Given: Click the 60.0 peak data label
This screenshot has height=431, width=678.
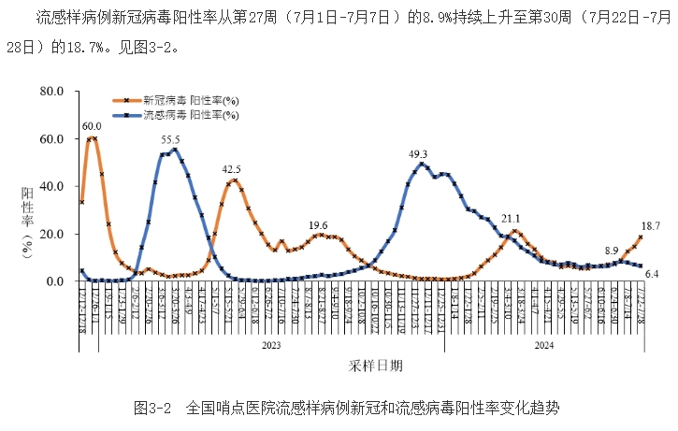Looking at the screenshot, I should pyautogui.click(x=92, y=126).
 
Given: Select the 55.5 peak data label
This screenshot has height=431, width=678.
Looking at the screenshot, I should pyautogui.click(x=170, y=138).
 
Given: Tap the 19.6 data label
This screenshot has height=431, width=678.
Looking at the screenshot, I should pyautogui.click(x=318, y=224).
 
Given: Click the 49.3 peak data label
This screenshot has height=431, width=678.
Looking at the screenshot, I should pyautogui.click(x=419, y=154).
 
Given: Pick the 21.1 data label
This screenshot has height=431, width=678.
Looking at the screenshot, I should pyautogui.click(x=512, y=219).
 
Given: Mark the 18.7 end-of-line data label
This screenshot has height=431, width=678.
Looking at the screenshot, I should pyautogui.click(x=651, y=226).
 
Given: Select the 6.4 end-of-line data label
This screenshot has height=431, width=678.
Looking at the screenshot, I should pyautogui.click(x=652, y=273).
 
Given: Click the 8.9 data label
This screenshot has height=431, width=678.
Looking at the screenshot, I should pyautogui.click(x=612, y=250).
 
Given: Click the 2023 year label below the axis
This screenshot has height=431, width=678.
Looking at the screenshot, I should pyautogui.click(x=270, y=345).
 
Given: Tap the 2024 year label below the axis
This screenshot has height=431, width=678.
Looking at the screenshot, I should pyautogui.click(x=544, y=345).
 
